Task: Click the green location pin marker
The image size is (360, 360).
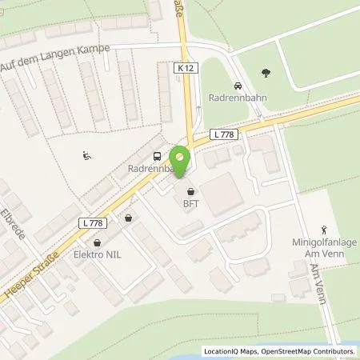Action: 182,157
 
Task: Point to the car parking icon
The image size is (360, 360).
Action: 237,86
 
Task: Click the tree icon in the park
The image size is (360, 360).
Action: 266,74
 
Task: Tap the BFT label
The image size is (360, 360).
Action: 190,204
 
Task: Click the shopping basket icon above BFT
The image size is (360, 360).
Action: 190,192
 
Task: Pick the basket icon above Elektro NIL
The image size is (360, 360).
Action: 98,242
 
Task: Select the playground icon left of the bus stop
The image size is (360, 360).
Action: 86,155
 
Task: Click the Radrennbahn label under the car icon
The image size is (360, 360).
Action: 238,101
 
